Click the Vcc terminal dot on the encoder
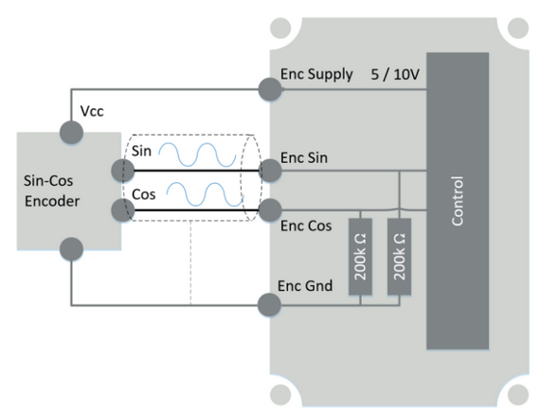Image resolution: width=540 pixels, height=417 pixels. pos(71,133)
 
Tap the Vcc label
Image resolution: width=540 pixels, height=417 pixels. pos(92,111)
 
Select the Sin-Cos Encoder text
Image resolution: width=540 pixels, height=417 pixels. pos(52,190)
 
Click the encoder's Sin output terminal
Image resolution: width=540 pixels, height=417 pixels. pos(122,171)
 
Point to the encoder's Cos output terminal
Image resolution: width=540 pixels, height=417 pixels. pos(122,210)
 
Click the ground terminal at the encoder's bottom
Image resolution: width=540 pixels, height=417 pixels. pos(71,249)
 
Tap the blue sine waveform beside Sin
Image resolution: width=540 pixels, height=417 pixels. pos(197,154)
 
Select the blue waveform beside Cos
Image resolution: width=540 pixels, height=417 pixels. pos(206,194)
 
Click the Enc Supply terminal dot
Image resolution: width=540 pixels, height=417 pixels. pos(270,89)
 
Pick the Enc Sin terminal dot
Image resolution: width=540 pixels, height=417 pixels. pos(270,171)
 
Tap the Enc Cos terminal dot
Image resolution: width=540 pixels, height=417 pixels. pos(270,210)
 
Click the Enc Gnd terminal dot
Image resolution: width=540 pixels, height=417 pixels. pos(269,304)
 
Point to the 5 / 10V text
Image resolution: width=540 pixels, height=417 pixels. pos(395,75)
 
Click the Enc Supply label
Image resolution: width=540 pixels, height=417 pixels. pos(316,75)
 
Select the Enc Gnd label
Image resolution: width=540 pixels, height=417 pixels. pos(305,286)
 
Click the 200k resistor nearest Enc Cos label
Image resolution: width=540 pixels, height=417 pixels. pos(360,257)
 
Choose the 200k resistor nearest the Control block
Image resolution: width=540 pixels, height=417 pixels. pos(399,257)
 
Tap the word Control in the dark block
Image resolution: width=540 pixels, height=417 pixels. pos(458,201)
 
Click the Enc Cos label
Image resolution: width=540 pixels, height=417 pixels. pos(306,227)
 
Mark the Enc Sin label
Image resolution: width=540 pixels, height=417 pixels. pos(304,158)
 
